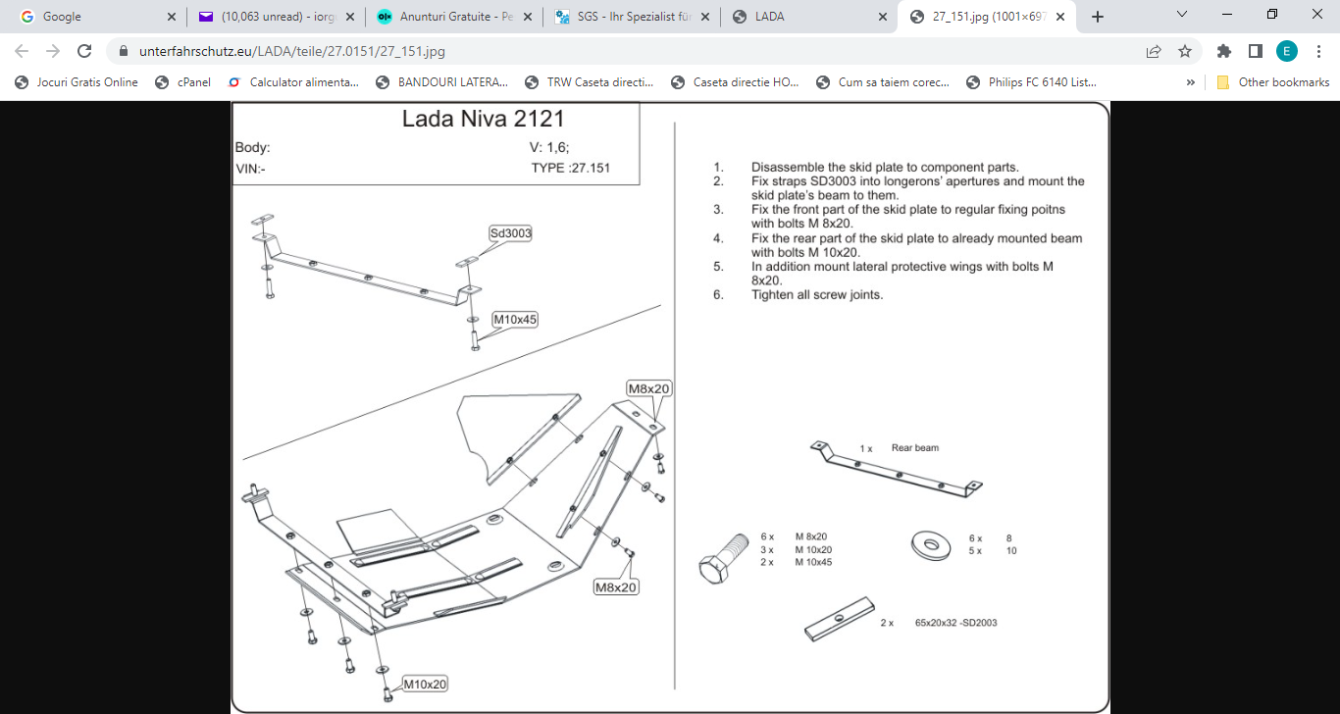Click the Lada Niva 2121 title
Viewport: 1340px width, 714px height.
point(483,120)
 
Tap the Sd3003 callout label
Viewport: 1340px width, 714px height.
point(510,233)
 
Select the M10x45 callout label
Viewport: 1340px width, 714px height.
point(515,320)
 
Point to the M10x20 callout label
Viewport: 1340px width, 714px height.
point(425,685)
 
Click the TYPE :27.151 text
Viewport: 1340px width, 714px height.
point(570,168)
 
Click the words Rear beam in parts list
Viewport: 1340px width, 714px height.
point(914,448)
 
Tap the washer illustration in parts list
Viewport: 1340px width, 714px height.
point(928,545)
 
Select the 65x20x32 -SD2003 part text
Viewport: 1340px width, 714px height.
point(955,623)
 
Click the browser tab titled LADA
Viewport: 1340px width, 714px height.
point(769,17)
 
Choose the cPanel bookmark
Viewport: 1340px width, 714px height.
point(193,82)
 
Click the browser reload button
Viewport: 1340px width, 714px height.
point(84,51)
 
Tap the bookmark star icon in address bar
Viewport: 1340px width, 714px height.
point(1185,51)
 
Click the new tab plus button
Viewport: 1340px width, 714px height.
point(1098,17)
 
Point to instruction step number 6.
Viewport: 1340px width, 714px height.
point(718,295)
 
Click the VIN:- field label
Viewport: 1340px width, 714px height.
point(250,169)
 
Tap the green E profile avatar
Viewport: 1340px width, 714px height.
point(1287,51)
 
